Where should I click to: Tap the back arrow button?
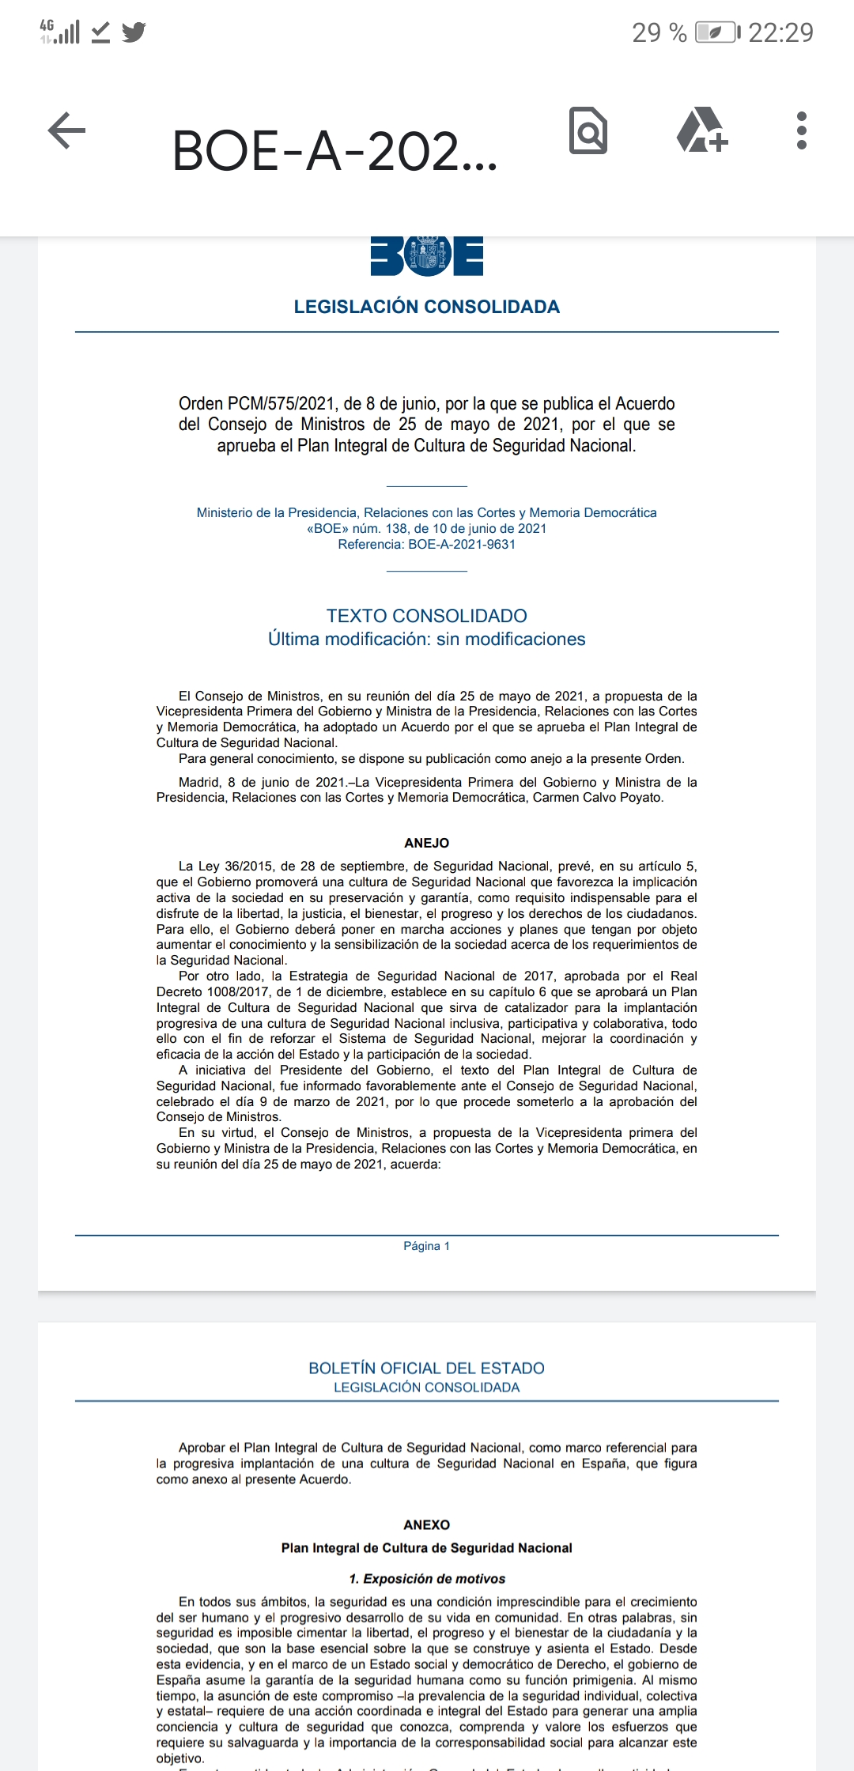coord(67,130)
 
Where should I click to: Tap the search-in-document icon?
coord(588,130)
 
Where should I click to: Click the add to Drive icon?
coord(701,130)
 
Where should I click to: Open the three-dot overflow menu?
coord(802,130)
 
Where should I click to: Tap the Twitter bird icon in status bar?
coord(134,32)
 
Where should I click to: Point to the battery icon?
coord(717,32)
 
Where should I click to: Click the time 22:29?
coord(780,32)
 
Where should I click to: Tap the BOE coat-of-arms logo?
coord(427,256)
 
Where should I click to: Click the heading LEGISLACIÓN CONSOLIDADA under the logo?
coord(427,307)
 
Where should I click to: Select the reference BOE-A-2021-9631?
coord(462,544)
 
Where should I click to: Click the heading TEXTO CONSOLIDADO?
coord(427,616)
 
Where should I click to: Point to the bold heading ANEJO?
coord(427,843)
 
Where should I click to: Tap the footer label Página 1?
coord(427,1246)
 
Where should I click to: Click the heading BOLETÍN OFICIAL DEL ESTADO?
coord(427,1368)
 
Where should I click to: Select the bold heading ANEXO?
coord(427,1524)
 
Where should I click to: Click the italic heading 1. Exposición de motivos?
coord(427,1578)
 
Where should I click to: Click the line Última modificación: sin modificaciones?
coord(427,639)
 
